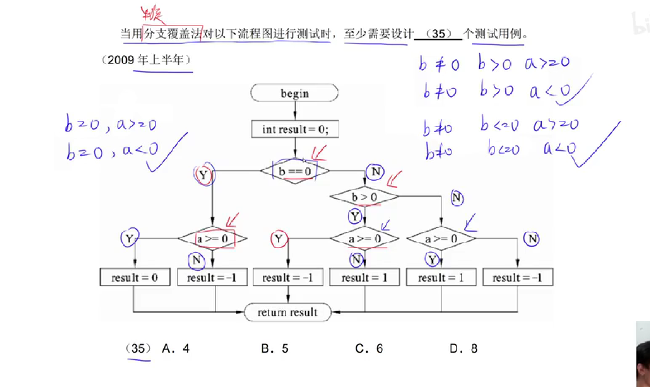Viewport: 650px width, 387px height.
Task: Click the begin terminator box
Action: (x=295, y=93)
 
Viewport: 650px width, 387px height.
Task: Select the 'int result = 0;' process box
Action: (x=295, y=129)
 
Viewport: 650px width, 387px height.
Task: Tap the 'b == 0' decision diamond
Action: (x=295, y=171)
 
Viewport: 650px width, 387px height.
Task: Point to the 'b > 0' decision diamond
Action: (x=364, y=197)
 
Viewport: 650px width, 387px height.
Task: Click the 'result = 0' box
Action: (x=135, y=277)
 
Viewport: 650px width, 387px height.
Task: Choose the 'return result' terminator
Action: (x=288, y=312)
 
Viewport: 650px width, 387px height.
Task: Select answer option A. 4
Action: (x=176, y=348)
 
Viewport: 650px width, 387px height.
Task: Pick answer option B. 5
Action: (x=275, y=348)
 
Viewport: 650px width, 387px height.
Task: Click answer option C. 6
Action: (x=369, y=348)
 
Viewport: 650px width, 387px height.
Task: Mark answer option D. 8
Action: (x=463, y=348)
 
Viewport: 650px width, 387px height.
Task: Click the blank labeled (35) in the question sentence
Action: (x=438, y=34)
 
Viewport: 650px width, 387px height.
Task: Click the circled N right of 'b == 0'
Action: (x=375, y=172)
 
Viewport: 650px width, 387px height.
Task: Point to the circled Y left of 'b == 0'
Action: (x=204, y=175)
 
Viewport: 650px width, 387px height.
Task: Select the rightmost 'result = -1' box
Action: (x=517, y=277)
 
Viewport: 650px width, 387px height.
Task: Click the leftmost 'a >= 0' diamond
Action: (x=213, y=239)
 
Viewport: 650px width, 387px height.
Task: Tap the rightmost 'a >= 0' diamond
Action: (x=441, y=239)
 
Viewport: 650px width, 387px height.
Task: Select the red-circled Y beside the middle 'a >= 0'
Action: (x=279, y=239)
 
